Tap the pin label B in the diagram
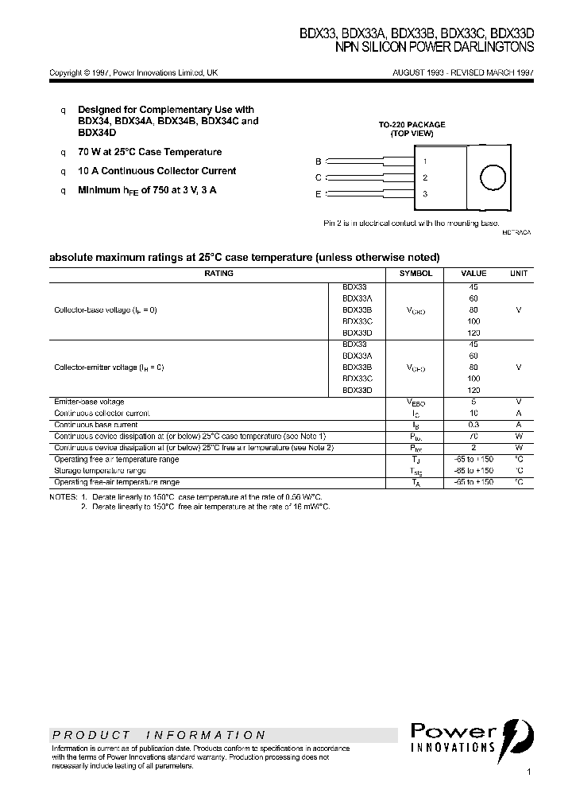(319, 161)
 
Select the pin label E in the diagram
(319, 194)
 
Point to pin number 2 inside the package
(425, 177)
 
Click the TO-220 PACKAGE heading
(412, 125)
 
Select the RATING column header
(218, 273)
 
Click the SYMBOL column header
(415, 273)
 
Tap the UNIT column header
(519, 273)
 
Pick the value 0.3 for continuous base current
(473, 425)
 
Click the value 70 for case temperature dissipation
(473, 437)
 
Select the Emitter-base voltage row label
(89, 402)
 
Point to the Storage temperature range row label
(99, 471)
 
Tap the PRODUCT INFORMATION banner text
(159, 735)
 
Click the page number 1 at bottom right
(528, 772)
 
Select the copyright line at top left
(133, 72)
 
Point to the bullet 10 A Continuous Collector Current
(157, 171)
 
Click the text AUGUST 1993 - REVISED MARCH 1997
(463, 72)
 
